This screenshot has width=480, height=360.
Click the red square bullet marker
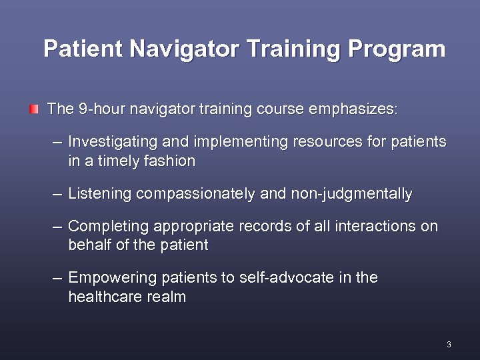point(33,108)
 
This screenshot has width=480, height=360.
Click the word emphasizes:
point(353,109)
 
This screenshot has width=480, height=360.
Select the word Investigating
point(112,142)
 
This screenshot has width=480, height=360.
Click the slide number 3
point(449,345)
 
